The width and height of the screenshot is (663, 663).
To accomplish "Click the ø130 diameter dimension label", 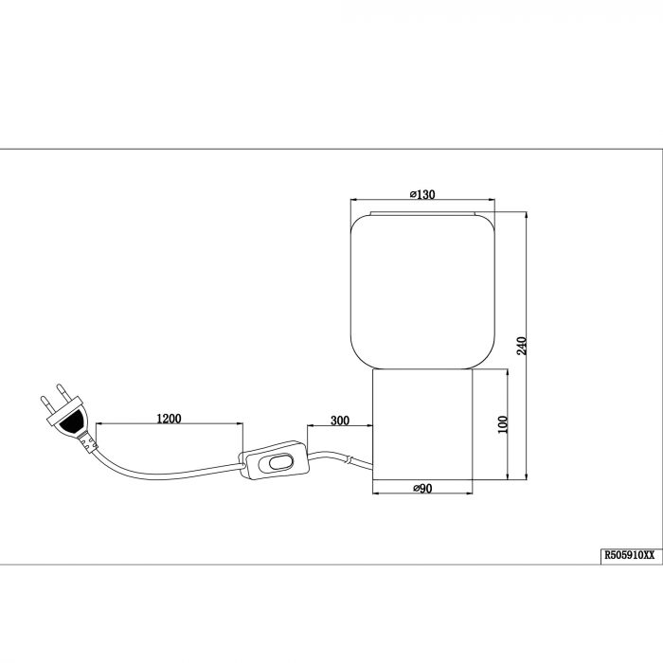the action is (x=422, y=194).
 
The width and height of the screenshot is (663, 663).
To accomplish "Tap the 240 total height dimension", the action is (x=522, y=346).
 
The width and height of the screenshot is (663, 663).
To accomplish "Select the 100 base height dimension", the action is (x=503, y=424).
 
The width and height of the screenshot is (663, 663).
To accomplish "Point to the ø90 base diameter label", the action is (x=422, y=489).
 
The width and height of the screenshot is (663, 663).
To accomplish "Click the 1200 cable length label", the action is (x=169, y=419).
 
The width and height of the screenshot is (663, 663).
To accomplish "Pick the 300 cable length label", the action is (x=340, y=421).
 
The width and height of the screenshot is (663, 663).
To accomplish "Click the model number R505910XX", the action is (x=630, y=555).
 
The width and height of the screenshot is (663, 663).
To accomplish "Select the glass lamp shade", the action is (x=422, y=291).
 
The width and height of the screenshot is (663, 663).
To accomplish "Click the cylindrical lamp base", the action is (x=422, y=424).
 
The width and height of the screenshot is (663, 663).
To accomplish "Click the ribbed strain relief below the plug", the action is (x=87, y=442).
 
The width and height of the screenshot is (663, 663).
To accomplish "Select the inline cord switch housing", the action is (x=275, y=460).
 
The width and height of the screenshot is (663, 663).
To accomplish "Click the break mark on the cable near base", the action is (x=349, y=459).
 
